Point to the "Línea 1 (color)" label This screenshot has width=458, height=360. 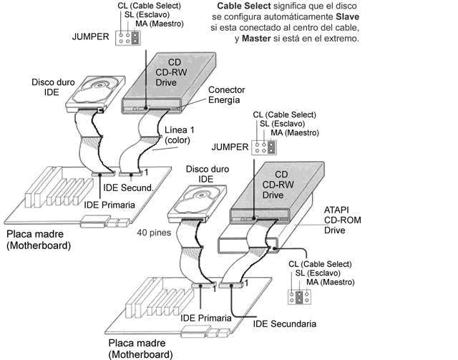(179, 135)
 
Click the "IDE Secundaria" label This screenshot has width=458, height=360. (285, 323)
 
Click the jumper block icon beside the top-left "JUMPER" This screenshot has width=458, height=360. (130, 37)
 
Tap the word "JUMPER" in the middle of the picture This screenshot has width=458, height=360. (230, 147)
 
